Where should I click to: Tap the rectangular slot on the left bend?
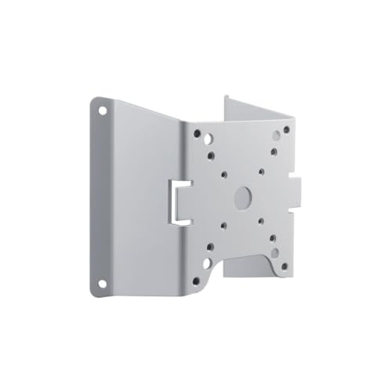(179, 201)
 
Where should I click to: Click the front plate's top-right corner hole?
(286, 129)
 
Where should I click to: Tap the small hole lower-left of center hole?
(223, 226)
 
